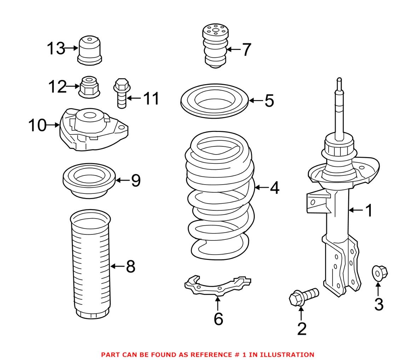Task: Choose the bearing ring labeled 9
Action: click(x=89, y=181)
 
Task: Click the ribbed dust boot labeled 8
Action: click(x=91, y=263)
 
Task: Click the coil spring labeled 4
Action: click(x=219, y=198)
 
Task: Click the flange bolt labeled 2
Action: click(x=304, y=296)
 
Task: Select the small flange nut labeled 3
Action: click(x=380, y=273)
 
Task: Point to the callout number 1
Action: click(x=369, y=210)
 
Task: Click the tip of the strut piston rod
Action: click(x=339, y=79)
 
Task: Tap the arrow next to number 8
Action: click(x=118, y=266)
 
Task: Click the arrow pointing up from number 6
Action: click(x=218, y=303)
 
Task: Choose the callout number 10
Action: click(x=38, y=125)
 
